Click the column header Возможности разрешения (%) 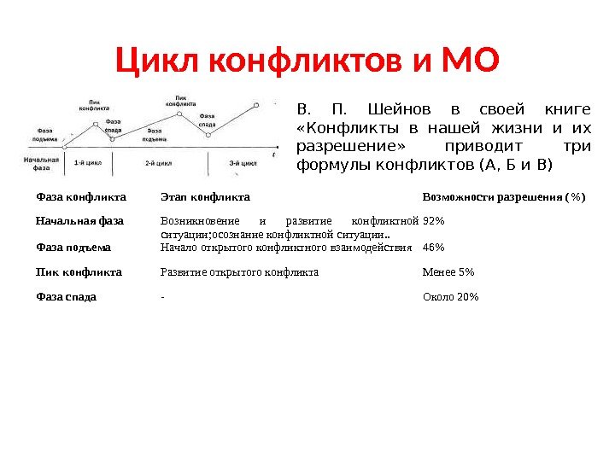[504, 197]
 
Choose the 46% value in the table [434, 248]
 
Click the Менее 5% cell [448, 272]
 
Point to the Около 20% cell [451, 297]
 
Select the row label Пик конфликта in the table [79, 272]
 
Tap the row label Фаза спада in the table [66, 297]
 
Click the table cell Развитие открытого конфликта [239, 272]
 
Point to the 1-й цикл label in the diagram [88, 162]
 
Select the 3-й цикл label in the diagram [243, 162]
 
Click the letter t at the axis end [274, 154]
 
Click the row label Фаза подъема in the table [73, 248]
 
